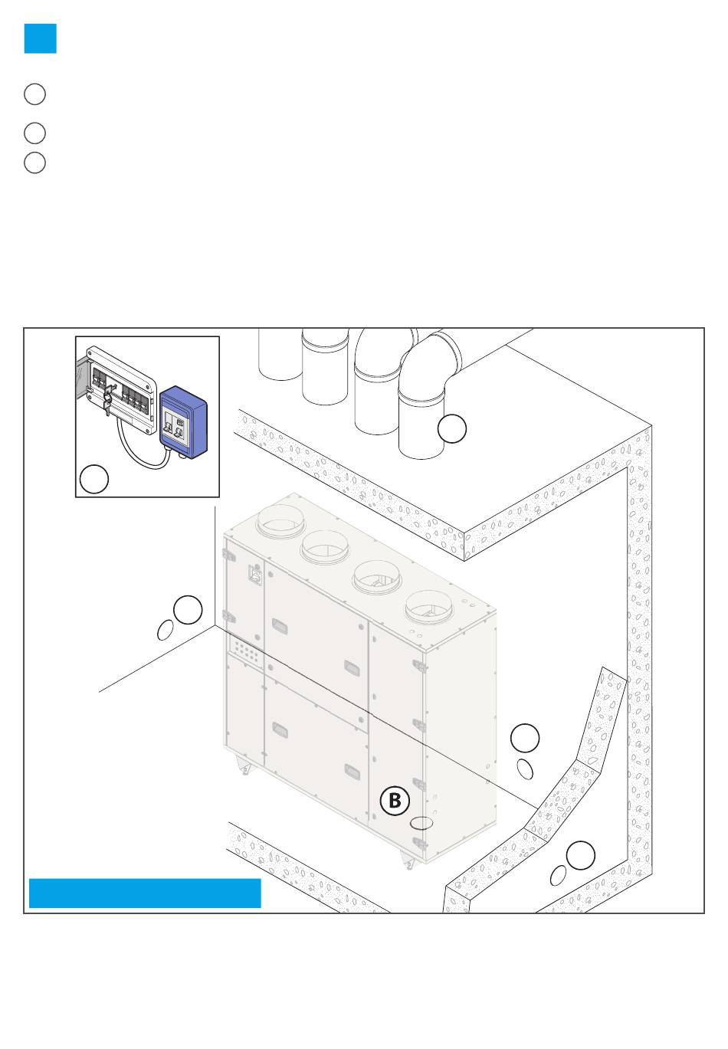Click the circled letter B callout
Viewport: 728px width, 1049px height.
[x=395, y=800]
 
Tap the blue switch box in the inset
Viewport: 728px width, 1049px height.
[x=183, y=422]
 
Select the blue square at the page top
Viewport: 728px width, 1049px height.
[x=41, y=38]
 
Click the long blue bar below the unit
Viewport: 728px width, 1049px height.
[x=145, y=893]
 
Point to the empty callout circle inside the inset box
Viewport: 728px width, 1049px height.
[x=94, y=479]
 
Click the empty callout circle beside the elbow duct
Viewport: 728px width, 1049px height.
[x=452, y=428]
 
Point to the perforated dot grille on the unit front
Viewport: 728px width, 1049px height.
[x=247, y=651]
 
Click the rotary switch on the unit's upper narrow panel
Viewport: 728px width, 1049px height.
[x=254, y=574]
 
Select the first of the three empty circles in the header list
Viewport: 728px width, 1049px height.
[x=34, y=94]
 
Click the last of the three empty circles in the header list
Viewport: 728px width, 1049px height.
[x=34, y=162]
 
